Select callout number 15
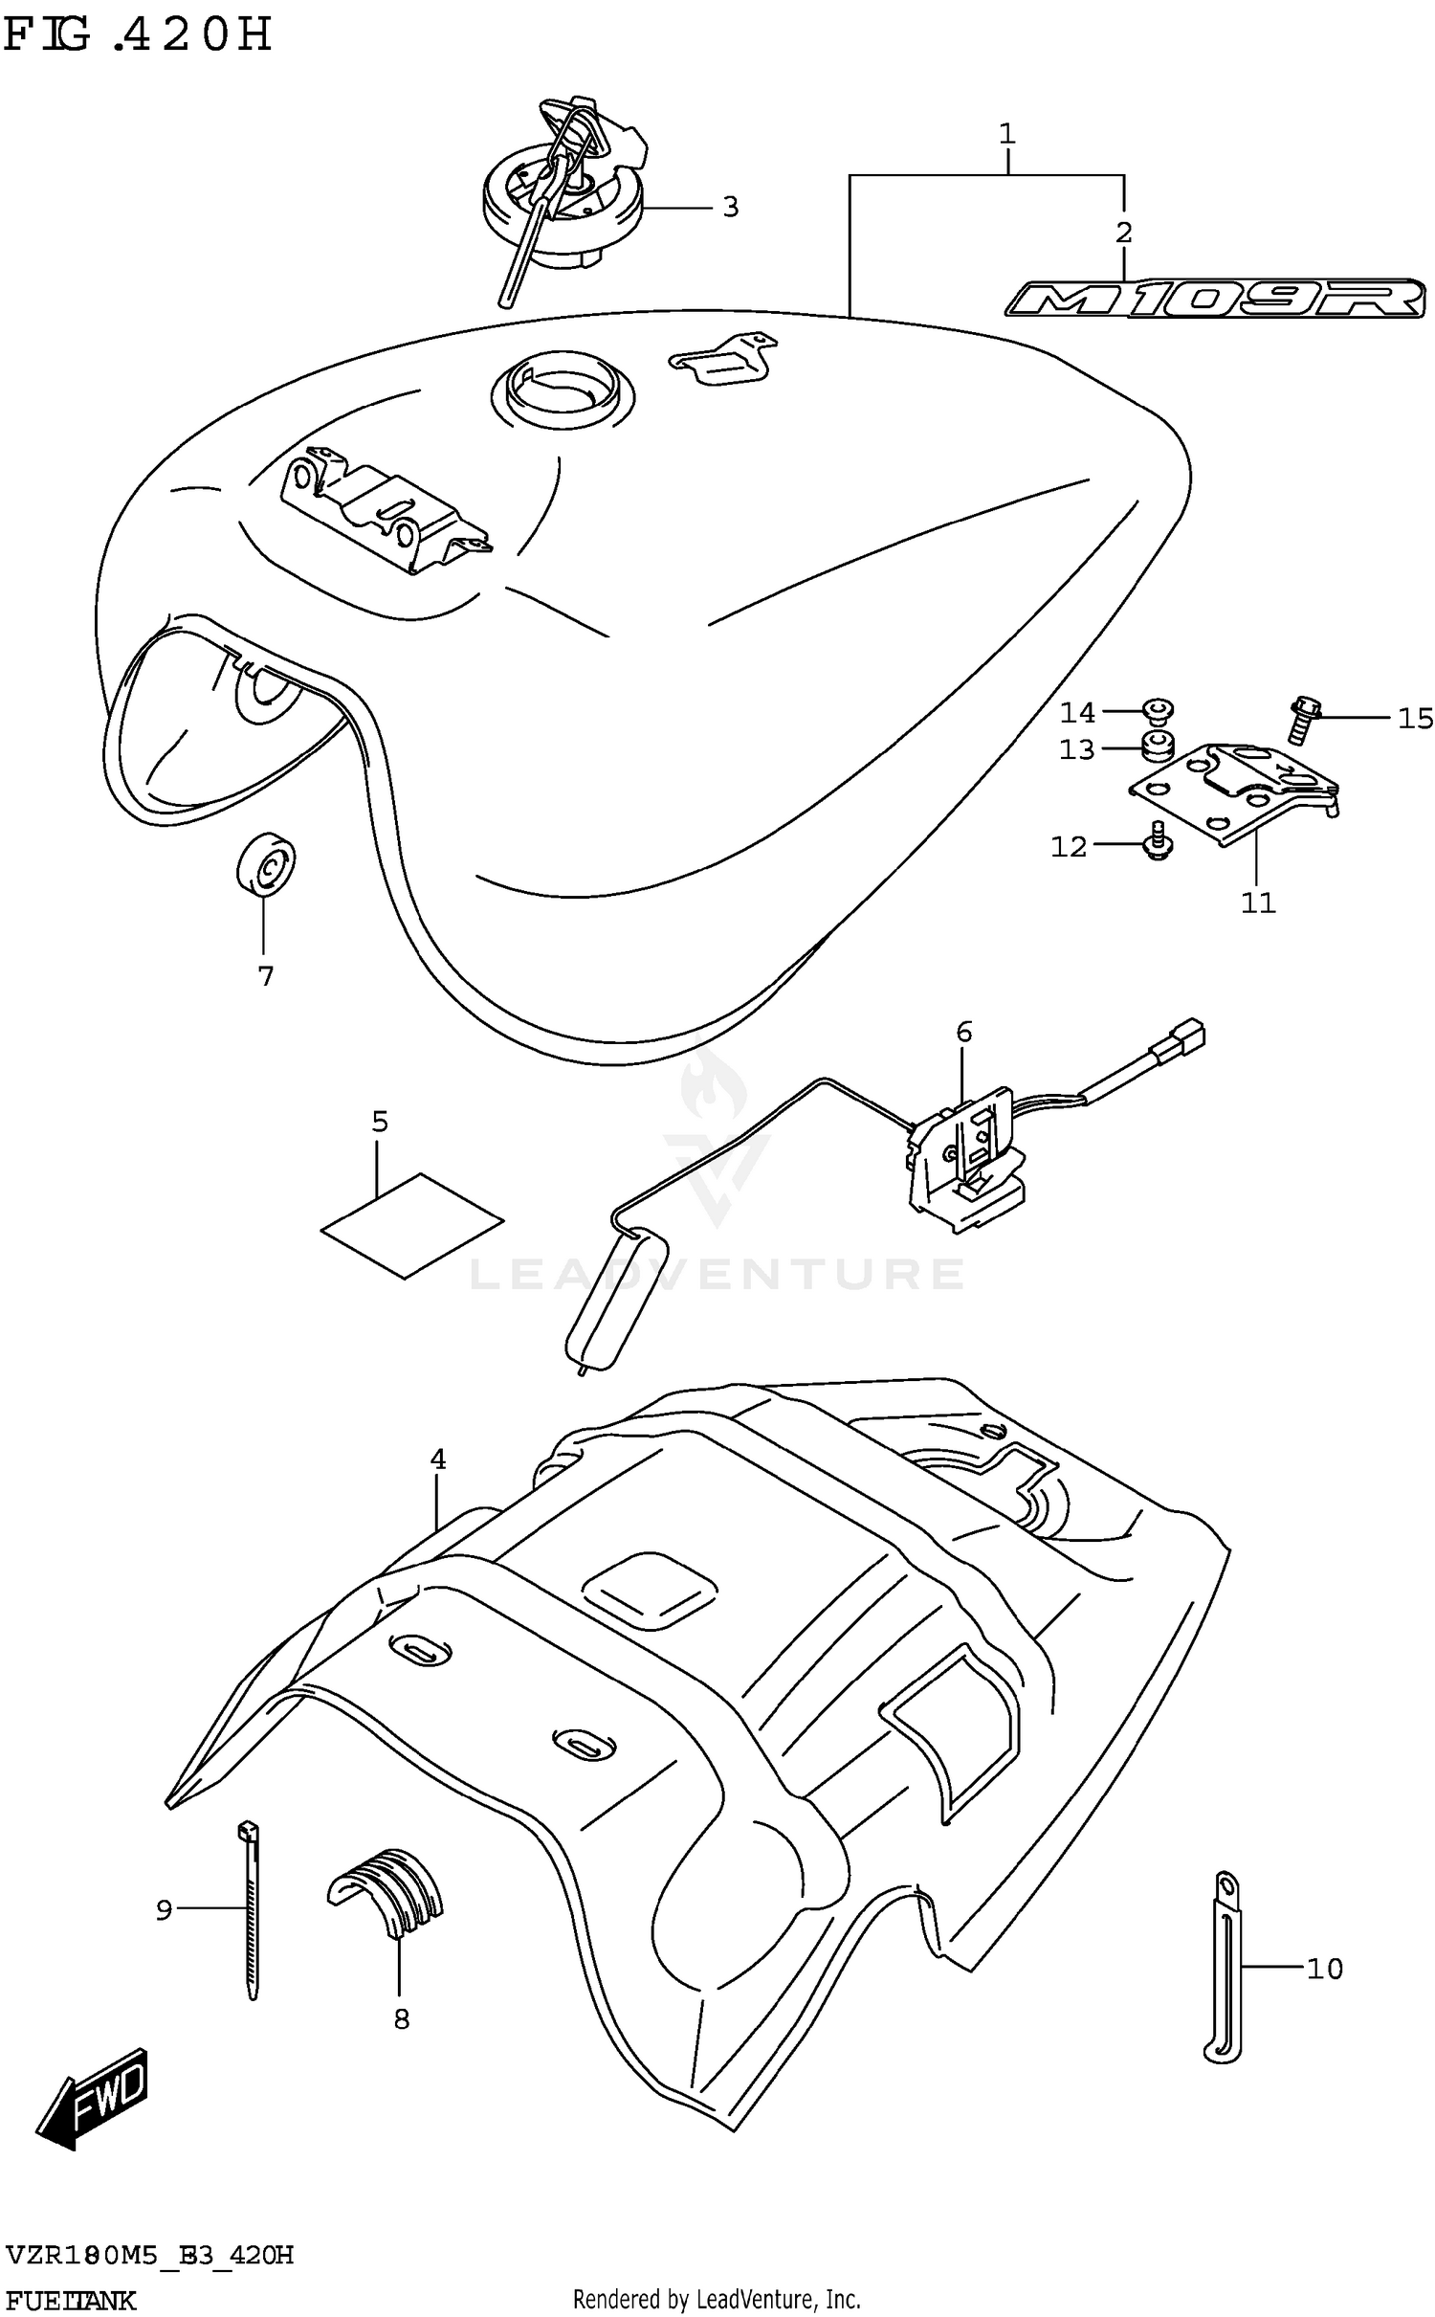coord(1415,718)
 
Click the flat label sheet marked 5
coord(411,1225)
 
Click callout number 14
coord(1077,713)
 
